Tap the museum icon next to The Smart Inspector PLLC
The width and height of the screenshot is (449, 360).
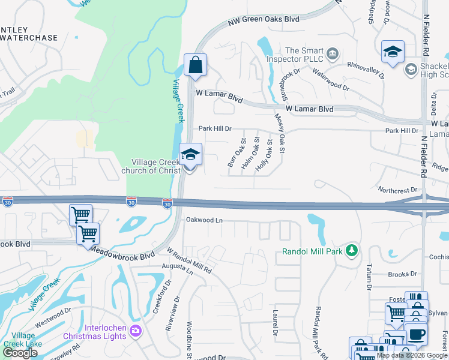331,56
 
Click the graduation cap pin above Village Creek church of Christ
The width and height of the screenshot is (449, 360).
190,155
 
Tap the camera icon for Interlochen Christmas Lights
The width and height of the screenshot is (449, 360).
136,331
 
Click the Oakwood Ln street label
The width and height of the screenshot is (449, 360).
204,220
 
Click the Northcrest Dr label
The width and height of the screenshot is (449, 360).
397,190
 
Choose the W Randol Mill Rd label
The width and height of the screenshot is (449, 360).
190,262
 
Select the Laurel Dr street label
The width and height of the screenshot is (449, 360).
276,322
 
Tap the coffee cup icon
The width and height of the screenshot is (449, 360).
416,334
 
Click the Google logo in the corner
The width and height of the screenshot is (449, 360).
20,353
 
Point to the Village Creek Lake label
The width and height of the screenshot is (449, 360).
23,340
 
